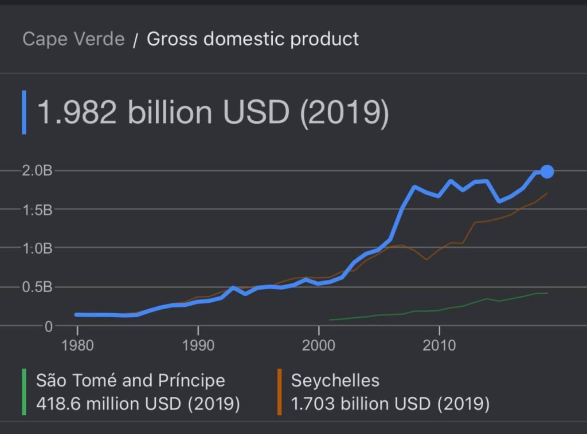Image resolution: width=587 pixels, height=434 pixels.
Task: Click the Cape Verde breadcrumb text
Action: click(x=73, y=39)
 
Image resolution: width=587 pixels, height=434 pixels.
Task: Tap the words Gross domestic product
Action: click(x=253, y=39)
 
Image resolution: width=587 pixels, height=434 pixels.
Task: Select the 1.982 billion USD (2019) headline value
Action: click(x=213, y=112)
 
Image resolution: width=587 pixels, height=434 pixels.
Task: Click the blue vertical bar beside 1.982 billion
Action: click(x=24, y=112)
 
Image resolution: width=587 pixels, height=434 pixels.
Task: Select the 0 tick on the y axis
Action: click(x=48, y=326)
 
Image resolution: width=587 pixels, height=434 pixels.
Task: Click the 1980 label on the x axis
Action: click(x=77, y=346)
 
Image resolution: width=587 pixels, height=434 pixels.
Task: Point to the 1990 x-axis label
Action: click(x=198, y=346)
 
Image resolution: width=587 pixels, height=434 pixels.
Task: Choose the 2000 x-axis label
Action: click(x=318, y=346)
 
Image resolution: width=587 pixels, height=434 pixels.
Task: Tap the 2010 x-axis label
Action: click(x=439, y=346)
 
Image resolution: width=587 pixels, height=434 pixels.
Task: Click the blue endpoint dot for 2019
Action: click(x=547, y=171)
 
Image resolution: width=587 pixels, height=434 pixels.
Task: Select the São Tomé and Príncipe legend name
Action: click(x=131, y=380)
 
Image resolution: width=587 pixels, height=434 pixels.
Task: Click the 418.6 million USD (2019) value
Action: click(x=138, y=404)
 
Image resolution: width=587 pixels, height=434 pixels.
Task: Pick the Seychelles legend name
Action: click(x=335, y=380)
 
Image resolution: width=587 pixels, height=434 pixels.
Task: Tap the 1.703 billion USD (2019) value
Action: click(x=390, y=404)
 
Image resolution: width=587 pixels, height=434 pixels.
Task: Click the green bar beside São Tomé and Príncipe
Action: click(x=24, y=392)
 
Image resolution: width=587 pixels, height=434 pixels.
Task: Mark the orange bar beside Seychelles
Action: click(x=279, y=392)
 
